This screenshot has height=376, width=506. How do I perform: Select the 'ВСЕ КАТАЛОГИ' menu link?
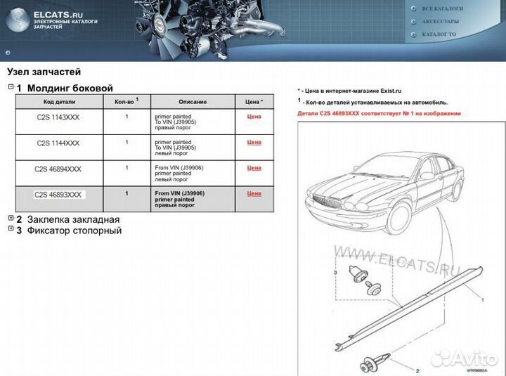[442, 8]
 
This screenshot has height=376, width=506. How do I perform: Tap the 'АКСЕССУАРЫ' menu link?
[441, 21]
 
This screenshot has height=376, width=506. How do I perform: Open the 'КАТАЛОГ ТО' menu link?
[439, 34]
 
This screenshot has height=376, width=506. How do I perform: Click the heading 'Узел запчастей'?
[44, 72]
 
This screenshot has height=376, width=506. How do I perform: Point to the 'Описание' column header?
[192, 102]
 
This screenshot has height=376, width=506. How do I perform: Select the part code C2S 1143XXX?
[58, 117]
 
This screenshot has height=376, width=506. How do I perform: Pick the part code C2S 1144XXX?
[58, 143]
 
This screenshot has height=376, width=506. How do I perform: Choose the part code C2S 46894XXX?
[58, 169]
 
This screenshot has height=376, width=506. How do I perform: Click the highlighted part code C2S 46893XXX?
[58, 195]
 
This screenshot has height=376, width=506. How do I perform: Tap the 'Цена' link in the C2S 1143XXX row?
[254, 117]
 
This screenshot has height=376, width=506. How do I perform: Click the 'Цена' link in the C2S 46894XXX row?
[254, 168]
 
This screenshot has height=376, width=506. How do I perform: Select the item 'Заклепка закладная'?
[73, 219]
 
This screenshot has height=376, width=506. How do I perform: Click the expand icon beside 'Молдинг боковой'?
[11, 87]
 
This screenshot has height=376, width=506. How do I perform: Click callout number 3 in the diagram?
[336, 271]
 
